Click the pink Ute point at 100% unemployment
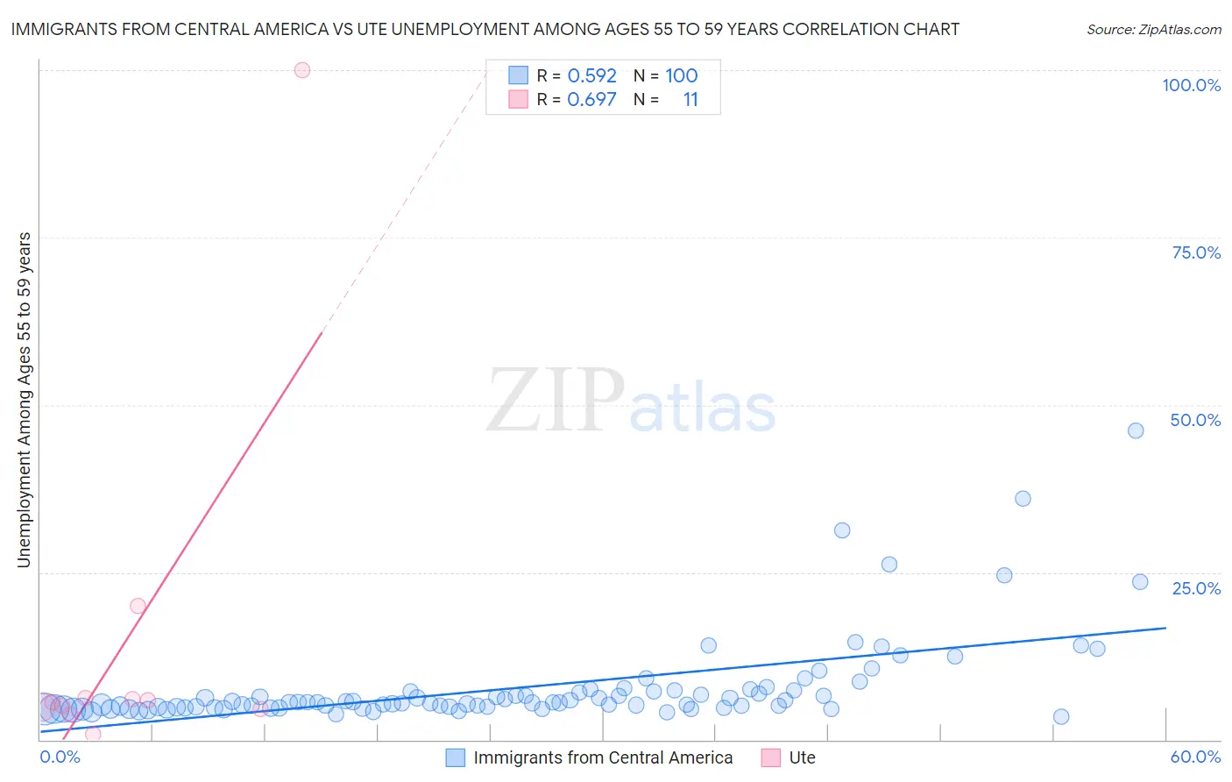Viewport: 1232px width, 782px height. pos(302,70)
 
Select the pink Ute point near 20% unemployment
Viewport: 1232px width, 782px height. pos(138,606)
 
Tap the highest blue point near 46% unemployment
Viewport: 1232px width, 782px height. pos(1136,430)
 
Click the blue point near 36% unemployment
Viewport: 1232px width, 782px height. pos(1023,499)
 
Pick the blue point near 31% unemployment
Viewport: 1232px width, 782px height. pos(842,530)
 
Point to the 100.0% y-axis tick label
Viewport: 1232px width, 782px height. pos(1191,85)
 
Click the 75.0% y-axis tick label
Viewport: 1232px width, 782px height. pos(1196,252)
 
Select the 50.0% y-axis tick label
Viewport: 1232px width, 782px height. pos(1195,420)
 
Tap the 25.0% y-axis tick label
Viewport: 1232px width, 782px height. pos(1196,588)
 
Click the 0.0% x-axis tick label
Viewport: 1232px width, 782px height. pos(60,757)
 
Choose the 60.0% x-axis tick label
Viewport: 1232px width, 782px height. pos(1195,757)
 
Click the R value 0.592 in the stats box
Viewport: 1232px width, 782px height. pos(591,75)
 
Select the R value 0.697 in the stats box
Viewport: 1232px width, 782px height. pos(591,99)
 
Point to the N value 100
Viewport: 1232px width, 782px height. pos(681,75)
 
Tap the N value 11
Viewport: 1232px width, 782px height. pos(690,99)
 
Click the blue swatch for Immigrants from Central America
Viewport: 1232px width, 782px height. pos(456,757)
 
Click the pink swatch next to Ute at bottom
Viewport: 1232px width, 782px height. pos(771,757)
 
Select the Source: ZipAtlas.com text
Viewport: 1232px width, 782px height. pos(1153,29)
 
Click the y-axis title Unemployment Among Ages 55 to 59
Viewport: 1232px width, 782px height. pos(24,400)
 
